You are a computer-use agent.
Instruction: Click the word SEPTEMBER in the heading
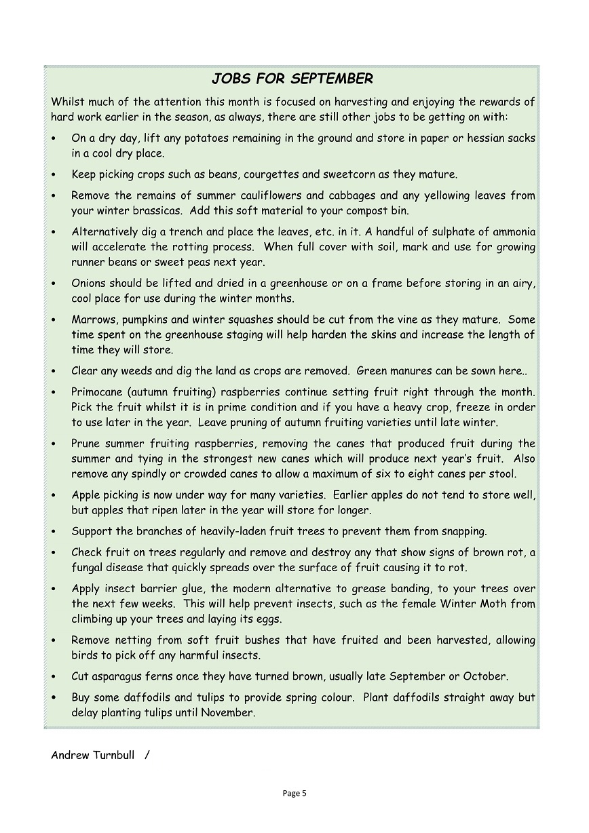pyautogui.click(x=332, y=79)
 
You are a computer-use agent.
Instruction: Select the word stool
pyautogui.click(x=503, y=473)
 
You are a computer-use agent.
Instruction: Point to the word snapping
pyautogui.click(x=465, y=531)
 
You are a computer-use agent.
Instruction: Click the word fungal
pyautogui.click(x=88, y=567)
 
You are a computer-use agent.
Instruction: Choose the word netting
pyautogui.click(x=135, y=640)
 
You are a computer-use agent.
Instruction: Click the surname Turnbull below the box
pyautogui.click(x=114, y=755)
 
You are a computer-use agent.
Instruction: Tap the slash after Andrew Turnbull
pyautogui.click(x=147, y=755)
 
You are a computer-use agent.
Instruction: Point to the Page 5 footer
pyautogui.click(x=294, y=793)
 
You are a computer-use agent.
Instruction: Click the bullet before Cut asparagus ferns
pyautogui.click(x=54, y=677)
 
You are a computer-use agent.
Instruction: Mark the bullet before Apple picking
pyautogui.click(x=54, y=495)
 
